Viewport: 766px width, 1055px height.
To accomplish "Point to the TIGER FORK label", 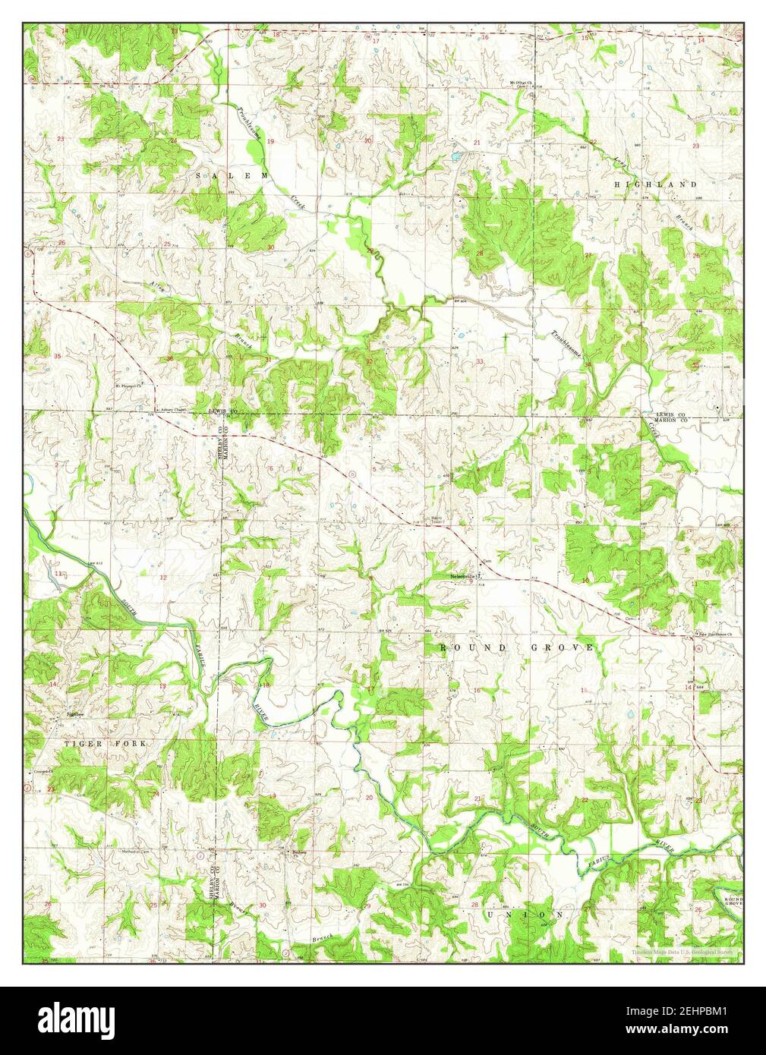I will pyautogui.click(x=105, y=744).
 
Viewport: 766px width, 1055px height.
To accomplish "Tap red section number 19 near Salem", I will pyautogui.click(x=270, y=142).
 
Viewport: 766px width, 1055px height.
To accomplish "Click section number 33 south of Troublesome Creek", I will pyautogui.click(x=480, y=361).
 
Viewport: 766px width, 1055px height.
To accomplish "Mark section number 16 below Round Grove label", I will pyautogui.click(x=477, y=690).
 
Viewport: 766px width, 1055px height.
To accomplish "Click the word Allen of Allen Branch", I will pyautogui.click(x=157, y=289).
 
